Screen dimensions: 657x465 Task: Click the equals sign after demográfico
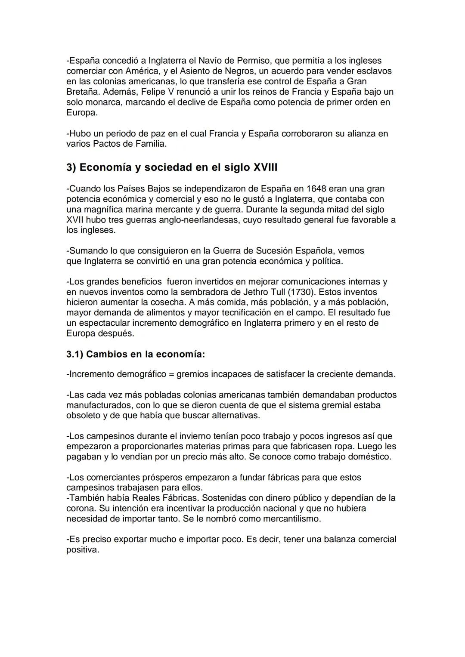point(172,374)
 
